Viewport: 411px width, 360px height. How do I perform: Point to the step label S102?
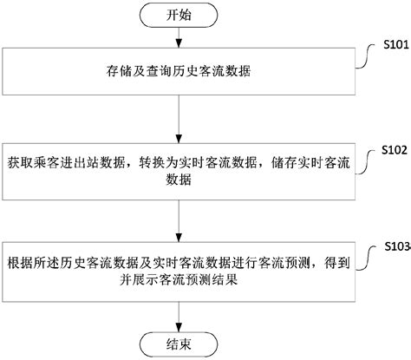click(x=393, y=149)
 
